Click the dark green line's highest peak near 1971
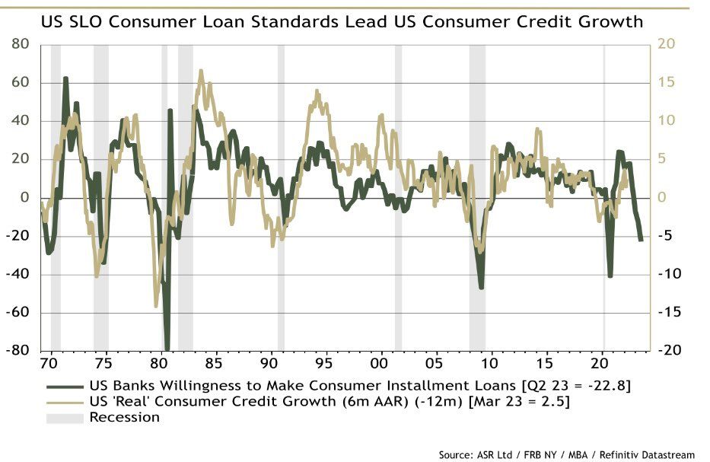(65, 78)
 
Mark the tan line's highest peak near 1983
(201, 71)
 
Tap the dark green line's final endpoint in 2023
(642, 241)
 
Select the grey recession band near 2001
(398, 198)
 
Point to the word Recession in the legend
(125, 417)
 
